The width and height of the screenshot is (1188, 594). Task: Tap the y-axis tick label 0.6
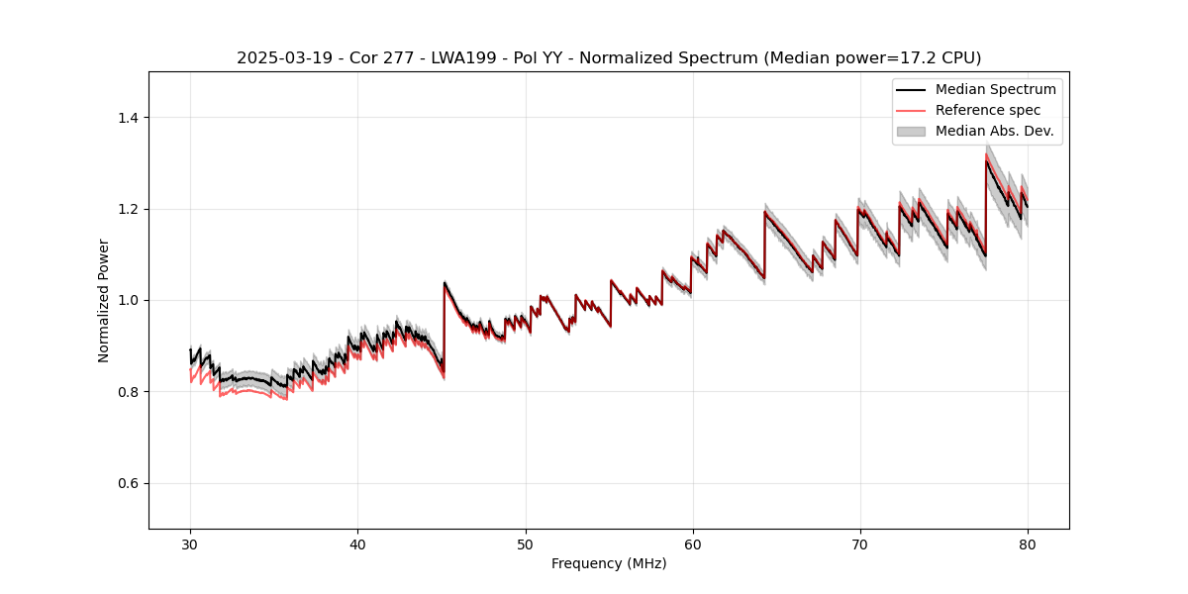[x=128, y=483]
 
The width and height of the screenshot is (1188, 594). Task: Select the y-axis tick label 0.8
[x=128, y=392]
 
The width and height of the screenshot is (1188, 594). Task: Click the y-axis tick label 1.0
[x=128, y=301]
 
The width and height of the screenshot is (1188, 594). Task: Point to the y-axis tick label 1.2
[x=128, y=209]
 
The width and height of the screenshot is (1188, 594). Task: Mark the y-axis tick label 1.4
[x=128, y=118]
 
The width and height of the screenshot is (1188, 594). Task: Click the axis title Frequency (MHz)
[x=609, y=563]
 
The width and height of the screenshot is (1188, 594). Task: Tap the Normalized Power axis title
[x=104, y=300]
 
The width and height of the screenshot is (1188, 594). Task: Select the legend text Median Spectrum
[x=995, y=89]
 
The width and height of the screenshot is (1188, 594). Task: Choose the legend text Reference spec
[x=987, y=110]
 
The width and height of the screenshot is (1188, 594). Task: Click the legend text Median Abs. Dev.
[x=994, y=131]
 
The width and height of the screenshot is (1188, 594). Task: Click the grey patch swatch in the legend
[x=911, y=131]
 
